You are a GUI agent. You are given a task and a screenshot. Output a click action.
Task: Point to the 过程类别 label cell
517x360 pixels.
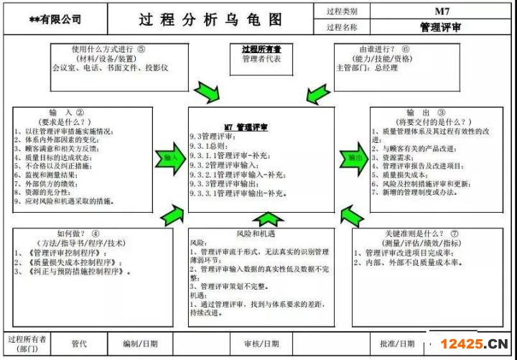(342, 12)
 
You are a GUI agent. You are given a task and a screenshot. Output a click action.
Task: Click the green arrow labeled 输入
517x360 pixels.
(170, 158)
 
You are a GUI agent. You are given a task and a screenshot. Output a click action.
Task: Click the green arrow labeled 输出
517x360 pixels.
(353, 158)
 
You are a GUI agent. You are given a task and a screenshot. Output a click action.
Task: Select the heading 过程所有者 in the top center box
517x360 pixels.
(261, 50)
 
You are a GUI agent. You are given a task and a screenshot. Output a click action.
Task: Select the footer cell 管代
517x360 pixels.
(79, 343)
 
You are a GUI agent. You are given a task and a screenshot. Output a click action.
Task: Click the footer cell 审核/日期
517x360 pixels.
(261, 343)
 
